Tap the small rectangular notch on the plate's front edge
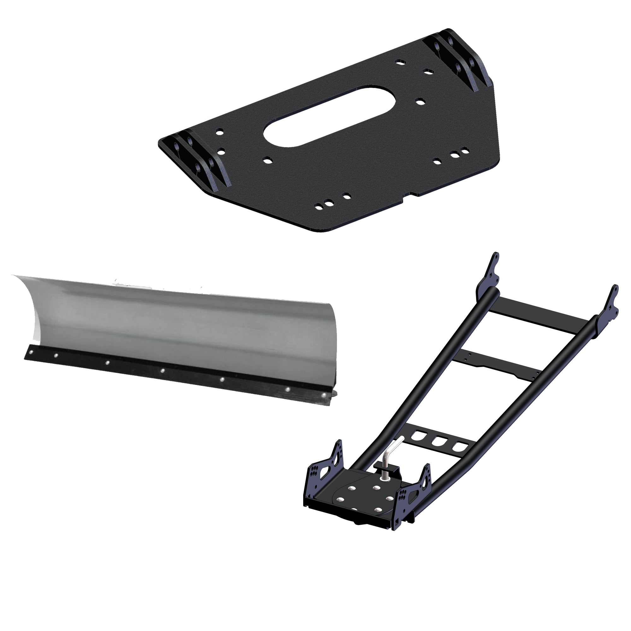[410, 196]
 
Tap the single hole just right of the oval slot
[420, 102]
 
